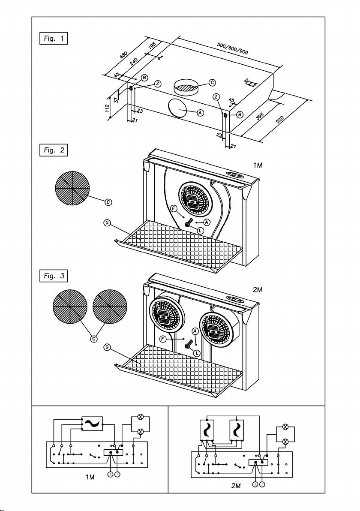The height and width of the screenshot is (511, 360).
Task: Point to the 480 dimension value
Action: [124, 56]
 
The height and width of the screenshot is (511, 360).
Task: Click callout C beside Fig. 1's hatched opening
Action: [212, 82]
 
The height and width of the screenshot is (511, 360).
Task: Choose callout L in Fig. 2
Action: [200, 230]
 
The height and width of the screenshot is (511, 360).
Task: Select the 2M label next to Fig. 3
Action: [257, 290]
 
